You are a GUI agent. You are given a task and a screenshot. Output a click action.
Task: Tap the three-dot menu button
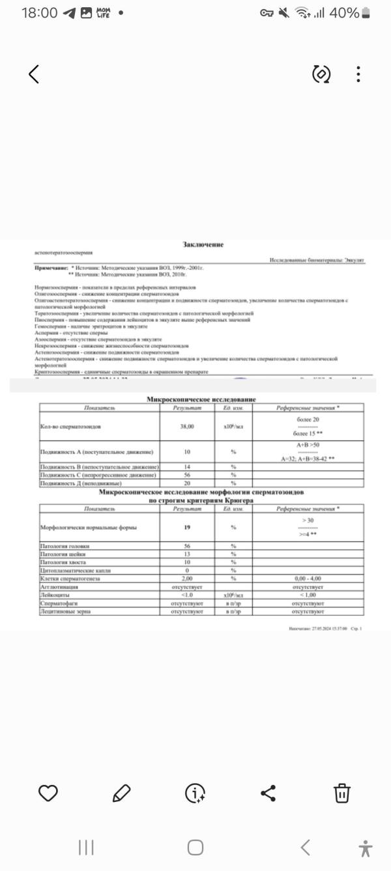click(x=358, y=74)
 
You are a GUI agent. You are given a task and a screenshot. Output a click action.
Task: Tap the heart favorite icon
click(x=48, y=793)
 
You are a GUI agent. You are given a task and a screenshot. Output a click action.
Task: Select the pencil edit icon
click(x=121, y=793)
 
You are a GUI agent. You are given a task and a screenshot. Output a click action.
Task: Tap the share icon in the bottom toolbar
click(x=268, y=793)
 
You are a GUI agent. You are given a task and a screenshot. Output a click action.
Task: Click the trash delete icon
click(x=342, y=793)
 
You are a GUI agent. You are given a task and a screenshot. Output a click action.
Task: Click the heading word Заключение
click(x=203, y=244)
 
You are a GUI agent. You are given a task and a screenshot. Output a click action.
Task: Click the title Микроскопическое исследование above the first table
click(x=203, y=399)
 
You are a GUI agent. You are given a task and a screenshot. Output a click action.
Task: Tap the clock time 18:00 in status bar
click(x=39, y=13)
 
